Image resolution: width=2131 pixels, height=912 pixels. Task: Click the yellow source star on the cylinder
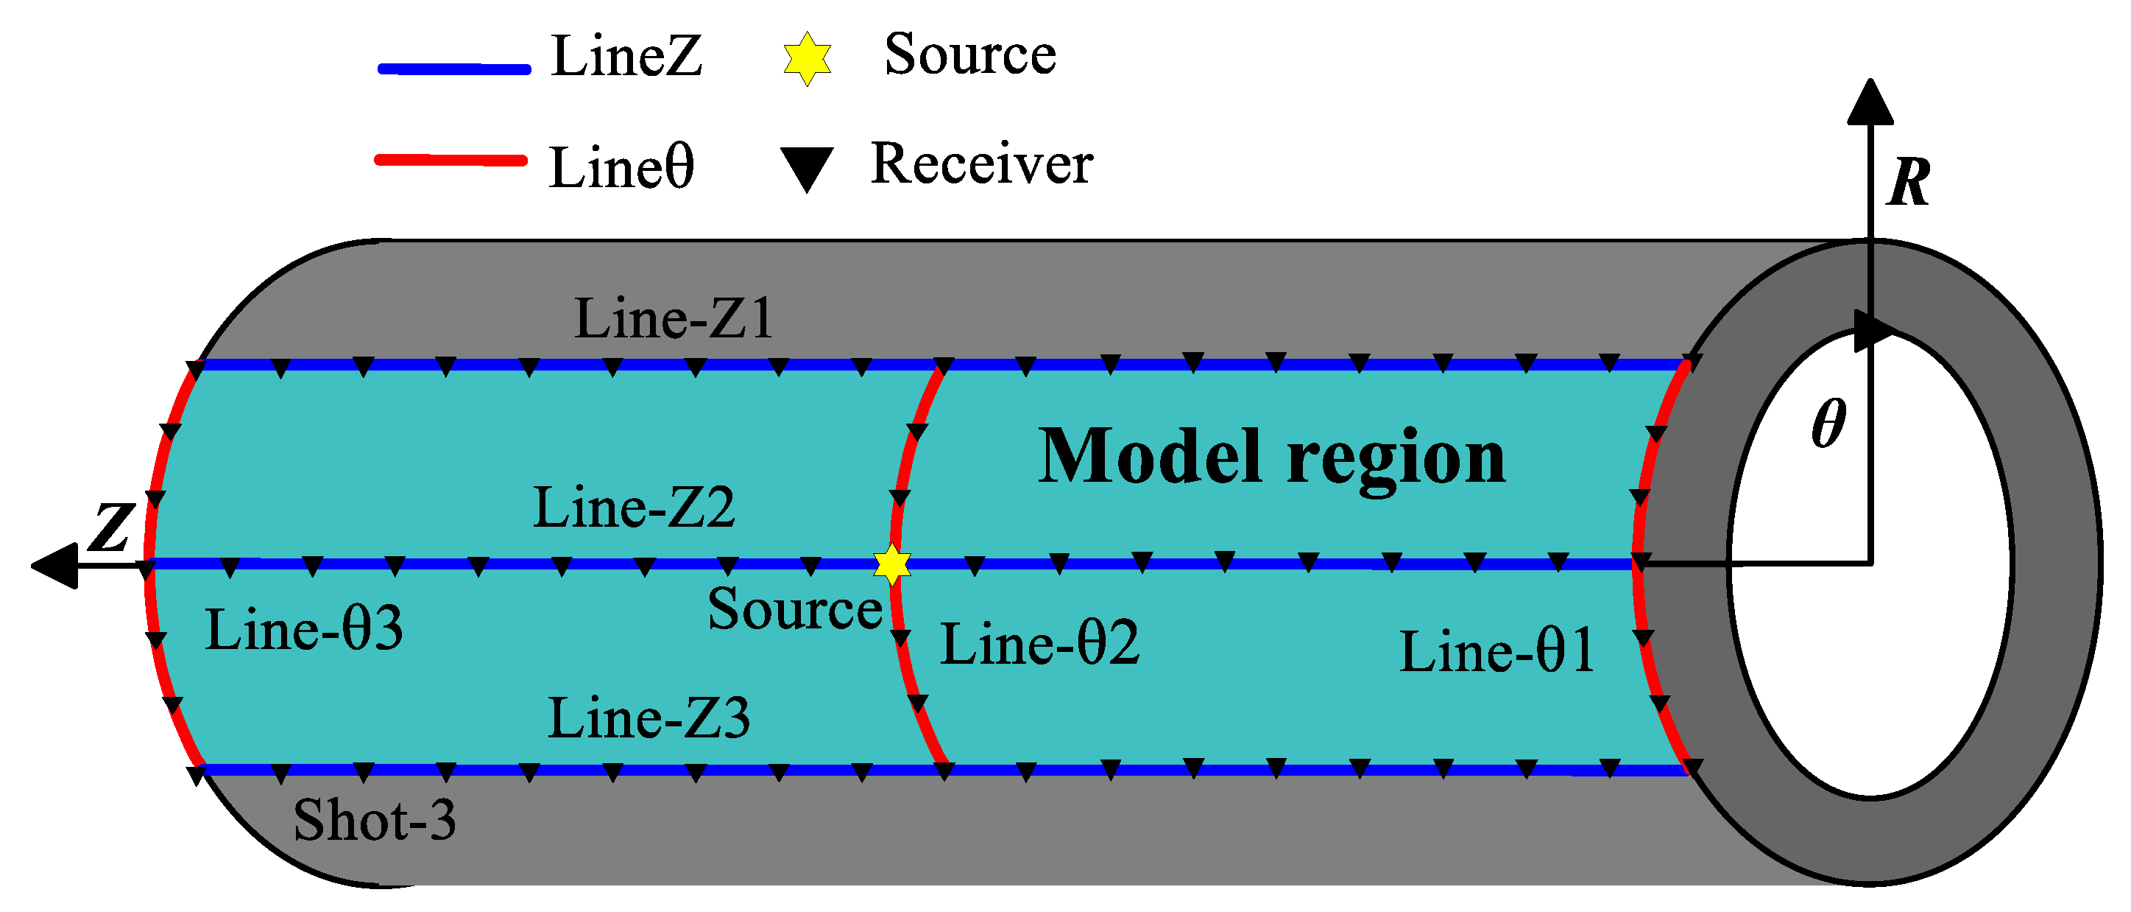891,564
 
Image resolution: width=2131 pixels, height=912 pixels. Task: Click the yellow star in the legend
807,58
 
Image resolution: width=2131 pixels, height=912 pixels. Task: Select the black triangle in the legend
807,168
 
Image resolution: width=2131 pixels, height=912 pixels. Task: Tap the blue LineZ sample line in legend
453,69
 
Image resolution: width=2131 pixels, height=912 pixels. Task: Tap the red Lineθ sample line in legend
450,161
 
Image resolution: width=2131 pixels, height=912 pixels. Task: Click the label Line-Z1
674,319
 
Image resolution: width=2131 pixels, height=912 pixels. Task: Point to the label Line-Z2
634,508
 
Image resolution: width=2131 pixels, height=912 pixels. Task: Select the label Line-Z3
649,718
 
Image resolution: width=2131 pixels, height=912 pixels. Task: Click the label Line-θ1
1496,651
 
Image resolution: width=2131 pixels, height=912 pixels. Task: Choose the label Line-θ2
1040,644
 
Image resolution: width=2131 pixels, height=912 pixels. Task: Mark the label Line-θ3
303,630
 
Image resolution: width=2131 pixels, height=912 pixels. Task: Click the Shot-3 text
374,820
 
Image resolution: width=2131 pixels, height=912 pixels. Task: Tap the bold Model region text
1271,457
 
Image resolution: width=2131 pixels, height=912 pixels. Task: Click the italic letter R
1909,182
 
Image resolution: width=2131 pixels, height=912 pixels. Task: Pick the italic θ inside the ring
1828,423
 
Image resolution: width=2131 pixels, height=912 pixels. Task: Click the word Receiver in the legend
981,164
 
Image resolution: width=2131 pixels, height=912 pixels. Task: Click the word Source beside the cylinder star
794,609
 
